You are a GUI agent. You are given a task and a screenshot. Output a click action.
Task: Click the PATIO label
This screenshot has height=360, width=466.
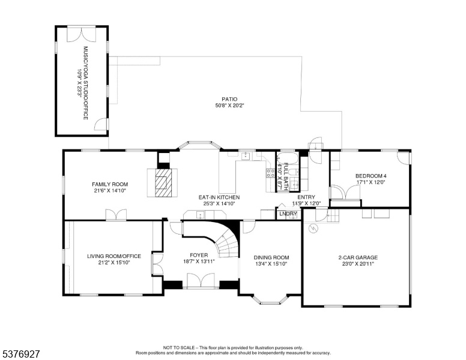click(229, 99)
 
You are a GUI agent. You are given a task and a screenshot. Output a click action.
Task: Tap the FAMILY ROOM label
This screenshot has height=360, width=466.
click(110, 184)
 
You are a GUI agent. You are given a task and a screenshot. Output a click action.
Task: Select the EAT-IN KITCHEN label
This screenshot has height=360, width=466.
click(219, 197)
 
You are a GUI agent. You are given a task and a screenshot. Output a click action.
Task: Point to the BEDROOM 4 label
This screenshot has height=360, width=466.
click(371, 176)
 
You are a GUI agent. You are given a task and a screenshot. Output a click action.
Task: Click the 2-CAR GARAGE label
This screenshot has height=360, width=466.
click(358, 257)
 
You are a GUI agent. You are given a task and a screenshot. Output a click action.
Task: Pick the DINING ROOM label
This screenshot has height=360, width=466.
click(271, 257)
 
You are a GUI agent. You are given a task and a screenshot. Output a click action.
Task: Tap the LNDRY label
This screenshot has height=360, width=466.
click(288, 214)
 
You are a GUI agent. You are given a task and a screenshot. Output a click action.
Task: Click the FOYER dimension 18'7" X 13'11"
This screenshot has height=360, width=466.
click(199, 262)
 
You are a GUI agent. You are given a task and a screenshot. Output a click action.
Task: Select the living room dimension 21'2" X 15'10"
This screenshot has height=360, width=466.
click(114, 263)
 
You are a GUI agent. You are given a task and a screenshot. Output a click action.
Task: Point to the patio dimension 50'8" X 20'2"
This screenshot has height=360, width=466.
click(229, 106)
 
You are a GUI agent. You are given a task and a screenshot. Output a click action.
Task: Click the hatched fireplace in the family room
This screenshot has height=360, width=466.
click(163, 182)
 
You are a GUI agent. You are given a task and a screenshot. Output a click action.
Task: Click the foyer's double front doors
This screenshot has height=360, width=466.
click(201, 280)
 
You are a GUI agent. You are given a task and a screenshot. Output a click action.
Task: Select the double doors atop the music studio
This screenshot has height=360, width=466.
click(82, 34)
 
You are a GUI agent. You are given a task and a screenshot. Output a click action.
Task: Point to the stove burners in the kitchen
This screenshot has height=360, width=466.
click(270, 173)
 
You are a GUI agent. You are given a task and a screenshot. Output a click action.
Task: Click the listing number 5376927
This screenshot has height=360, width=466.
click(21, 354)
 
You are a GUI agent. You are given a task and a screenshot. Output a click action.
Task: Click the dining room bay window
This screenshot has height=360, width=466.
click(271, 299)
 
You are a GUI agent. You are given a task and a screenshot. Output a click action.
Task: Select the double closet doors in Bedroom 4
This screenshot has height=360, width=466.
click(345, 192)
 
